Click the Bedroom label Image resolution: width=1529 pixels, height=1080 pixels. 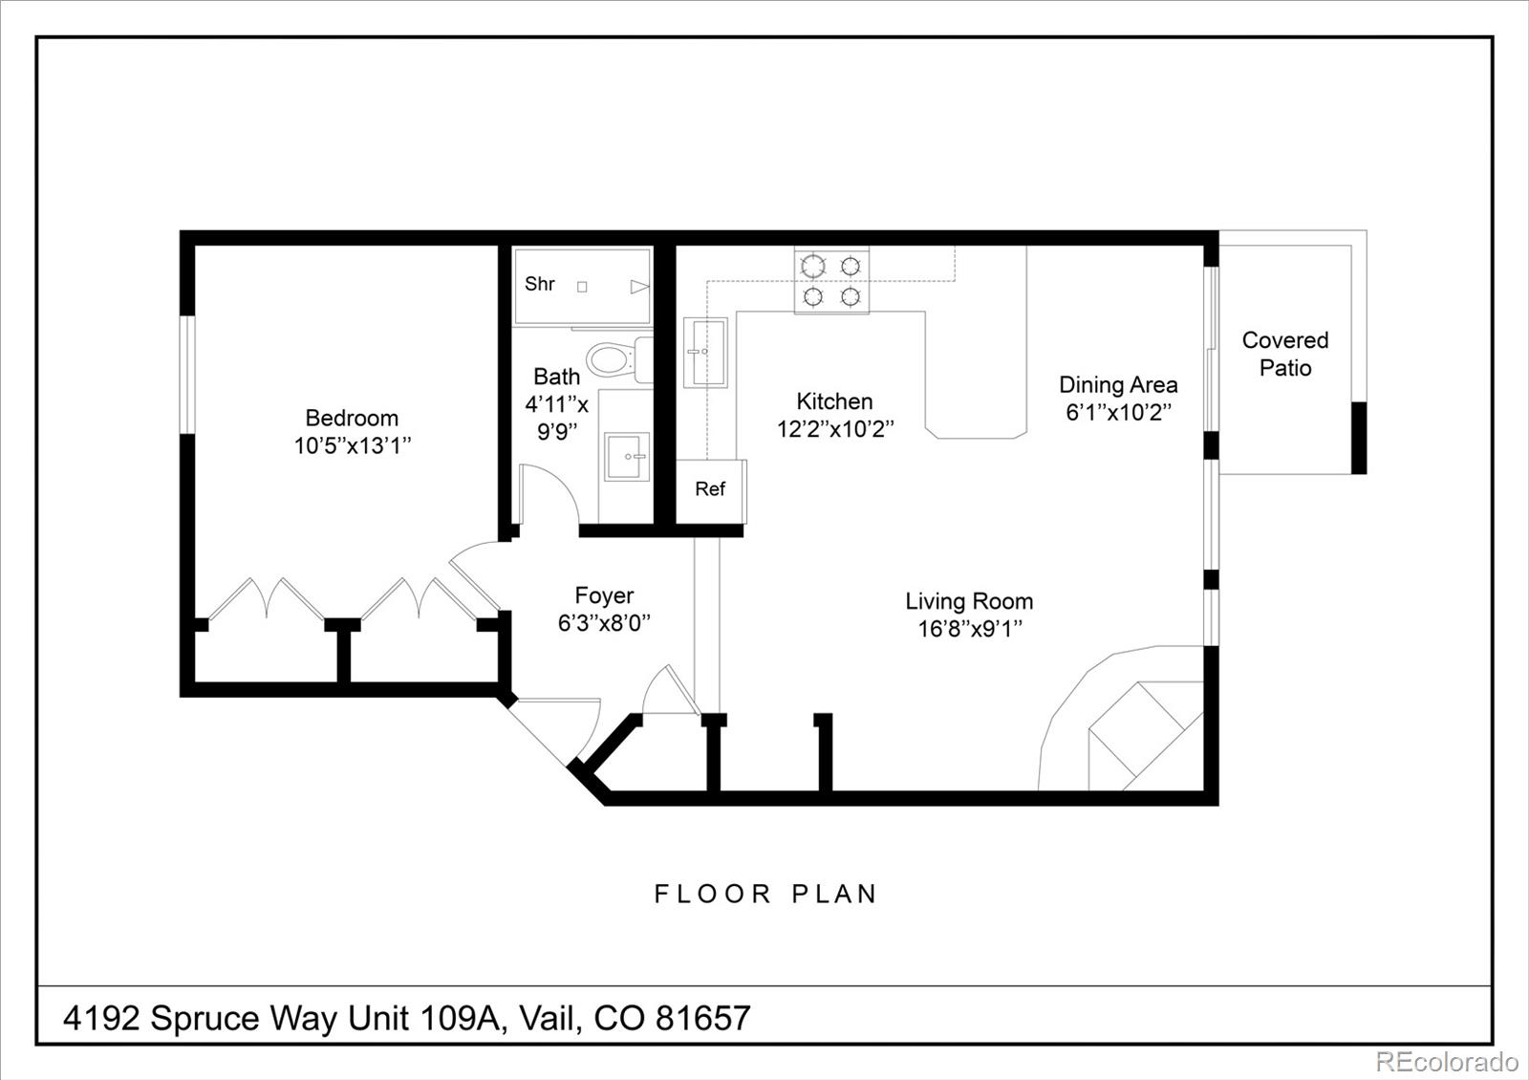352,418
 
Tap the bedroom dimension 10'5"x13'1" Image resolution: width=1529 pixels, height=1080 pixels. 352,445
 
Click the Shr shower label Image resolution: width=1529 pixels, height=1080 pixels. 540,284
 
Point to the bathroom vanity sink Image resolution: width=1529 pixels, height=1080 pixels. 627,456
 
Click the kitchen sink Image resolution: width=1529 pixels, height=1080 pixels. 705,352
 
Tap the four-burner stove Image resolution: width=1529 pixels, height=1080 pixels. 831,281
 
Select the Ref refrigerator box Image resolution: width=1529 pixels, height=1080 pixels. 710,489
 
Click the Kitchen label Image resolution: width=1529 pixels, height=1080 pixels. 834,401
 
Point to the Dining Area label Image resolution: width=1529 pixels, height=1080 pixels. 1118,385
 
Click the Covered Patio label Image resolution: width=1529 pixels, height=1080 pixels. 1284,354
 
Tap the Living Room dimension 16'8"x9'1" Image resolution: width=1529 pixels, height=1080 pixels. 970,629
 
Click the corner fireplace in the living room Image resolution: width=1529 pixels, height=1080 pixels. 1142,736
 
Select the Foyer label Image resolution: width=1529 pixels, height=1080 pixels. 604,595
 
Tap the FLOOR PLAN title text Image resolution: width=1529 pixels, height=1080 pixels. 765,895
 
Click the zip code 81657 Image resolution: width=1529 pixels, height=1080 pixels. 702,1018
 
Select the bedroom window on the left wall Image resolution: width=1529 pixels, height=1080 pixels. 188,375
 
